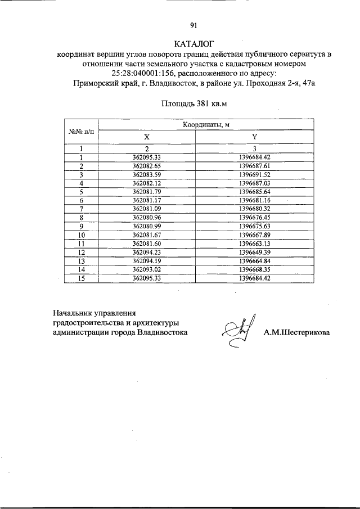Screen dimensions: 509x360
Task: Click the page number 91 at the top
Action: (193, 25)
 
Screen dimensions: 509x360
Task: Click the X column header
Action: (147, 138)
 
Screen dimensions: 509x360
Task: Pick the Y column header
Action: (255, 138)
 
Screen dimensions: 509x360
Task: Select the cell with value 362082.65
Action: (147, 167)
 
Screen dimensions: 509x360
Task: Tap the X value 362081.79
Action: (147, 191)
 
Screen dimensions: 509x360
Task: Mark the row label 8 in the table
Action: (82, 217)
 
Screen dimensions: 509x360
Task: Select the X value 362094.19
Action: (147, 261)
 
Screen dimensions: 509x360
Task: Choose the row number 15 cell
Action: (82, 278)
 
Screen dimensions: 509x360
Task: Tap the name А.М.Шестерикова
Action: (297, 332)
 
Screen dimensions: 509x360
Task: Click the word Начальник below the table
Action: (73, 311)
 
